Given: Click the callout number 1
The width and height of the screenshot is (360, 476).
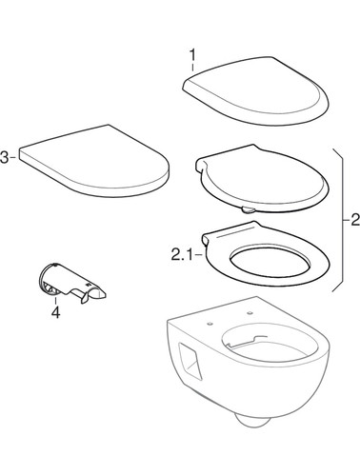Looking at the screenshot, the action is (x=192, y=55).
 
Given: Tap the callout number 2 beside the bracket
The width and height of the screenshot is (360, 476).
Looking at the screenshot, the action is (x=355, y=220).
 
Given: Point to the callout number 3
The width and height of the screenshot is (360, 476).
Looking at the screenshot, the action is (x=5, y=158).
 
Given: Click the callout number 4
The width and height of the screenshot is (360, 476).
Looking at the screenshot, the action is (x=55, y=312).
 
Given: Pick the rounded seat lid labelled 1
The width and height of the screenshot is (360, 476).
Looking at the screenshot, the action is (x=255, y=90).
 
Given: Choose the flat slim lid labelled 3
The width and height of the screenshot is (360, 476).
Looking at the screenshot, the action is (x=94, y=160).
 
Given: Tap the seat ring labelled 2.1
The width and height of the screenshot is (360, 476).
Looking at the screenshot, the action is (x=266, y=253).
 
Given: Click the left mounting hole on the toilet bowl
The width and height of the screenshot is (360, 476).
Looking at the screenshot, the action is (x=210, y=324).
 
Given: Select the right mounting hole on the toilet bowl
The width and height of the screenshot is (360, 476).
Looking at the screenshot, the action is (x=250, y=313).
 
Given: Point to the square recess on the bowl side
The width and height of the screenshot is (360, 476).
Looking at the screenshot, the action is (x=190, y=361).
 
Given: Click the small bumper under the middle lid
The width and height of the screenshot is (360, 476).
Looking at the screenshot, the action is (x=248, y=209).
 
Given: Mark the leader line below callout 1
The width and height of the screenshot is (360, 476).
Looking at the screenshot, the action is (x=192, y=68).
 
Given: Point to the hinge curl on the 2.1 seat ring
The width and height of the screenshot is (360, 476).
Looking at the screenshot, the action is (x=206, y=239).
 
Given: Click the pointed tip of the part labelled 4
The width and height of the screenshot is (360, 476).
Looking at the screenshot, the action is (x=105, y=296).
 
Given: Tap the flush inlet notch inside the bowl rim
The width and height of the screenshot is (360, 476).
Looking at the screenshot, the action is (x=250, y=340).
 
